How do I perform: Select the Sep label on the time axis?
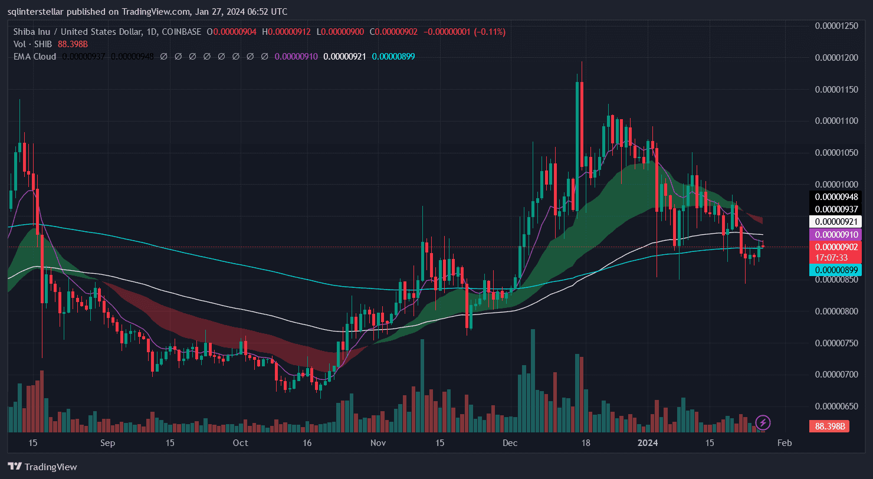click(107, 442)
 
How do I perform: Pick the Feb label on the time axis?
click(784, 442)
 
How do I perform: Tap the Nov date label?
click(378, 442)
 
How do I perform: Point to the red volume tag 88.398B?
click(831, 426)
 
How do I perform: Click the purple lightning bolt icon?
click(763, 422)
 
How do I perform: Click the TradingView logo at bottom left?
click(42, 467)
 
